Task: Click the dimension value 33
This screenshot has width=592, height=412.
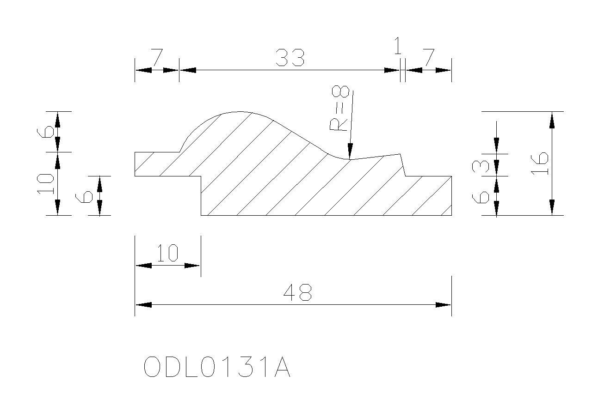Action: [290, 58]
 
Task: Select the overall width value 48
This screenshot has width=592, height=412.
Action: [297, 292]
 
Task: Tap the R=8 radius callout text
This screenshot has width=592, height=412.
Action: [340, 108]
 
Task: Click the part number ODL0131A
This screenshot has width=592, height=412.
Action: [217, 367]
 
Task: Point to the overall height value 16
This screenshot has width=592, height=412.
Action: [539, 164]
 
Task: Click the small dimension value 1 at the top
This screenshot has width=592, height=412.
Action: [398, 46]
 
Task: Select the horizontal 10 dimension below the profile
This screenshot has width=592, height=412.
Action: [167, 253]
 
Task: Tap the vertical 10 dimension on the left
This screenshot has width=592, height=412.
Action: [45, 184]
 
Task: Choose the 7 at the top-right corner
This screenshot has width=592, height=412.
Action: [429, 57]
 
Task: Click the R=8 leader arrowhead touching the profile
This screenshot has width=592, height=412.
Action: [350, 151]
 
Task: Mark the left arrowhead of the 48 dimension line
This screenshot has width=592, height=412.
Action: [143, 305]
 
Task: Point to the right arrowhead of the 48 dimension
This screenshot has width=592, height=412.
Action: [443, 305]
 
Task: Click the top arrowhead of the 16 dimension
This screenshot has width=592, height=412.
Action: [552, 120]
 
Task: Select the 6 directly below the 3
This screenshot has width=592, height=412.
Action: [481, 197]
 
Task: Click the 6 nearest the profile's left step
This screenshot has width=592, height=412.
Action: [84, 197]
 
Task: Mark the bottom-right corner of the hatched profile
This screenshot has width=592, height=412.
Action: [451, 215]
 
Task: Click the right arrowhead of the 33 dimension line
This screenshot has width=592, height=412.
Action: [392, 70]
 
